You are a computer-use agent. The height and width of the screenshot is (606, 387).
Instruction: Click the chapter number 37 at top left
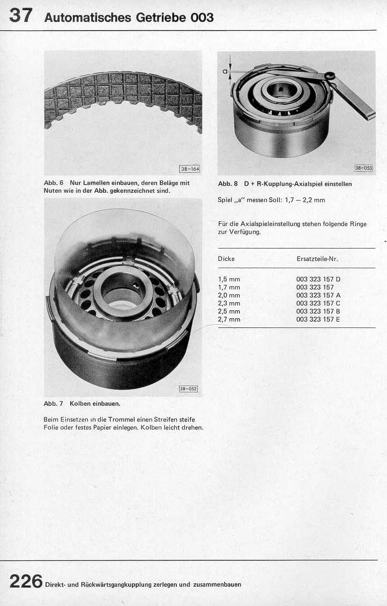click(x=20, y=15)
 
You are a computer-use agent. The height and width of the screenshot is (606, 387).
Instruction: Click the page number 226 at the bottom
click(x=26, y=581)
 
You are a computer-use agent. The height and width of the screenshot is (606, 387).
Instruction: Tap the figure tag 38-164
click(x=190, y=169)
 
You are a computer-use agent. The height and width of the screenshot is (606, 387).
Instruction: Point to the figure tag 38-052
click(x=188, y=389)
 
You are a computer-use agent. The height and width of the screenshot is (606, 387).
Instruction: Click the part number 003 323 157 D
click(x=318, y=279)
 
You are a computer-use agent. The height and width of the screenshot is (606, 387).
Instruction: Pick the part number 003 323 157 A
click(x=318, y=295)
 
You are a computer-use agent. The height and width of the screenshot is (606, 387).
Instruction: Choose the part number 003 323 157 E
click(x=318, y=319)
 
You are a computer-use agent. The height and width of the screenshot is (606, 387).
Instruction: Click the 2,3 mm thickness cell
click(x=229, y=303)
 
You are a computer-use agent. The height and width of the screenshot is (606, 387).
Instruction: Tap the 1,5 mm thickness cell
click(x=229, y=279)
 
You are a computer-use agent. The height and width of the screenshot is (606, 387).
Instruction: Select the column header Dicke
click(x=226, y=259)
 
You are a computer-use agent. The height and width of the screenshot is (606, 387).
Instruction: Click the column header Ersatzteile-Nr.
click(x=317, y=259)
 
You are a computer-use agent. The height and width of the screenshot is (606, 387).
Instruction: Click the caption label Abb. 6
click(x=54, y=183)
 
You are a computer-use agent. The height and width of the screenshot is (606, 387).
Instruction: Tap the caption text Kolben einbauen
click(x=95, y=403)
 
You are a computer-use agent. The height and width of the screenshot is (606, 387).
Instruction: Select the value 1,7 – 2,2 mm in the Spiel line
click(x=304, y=200)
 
